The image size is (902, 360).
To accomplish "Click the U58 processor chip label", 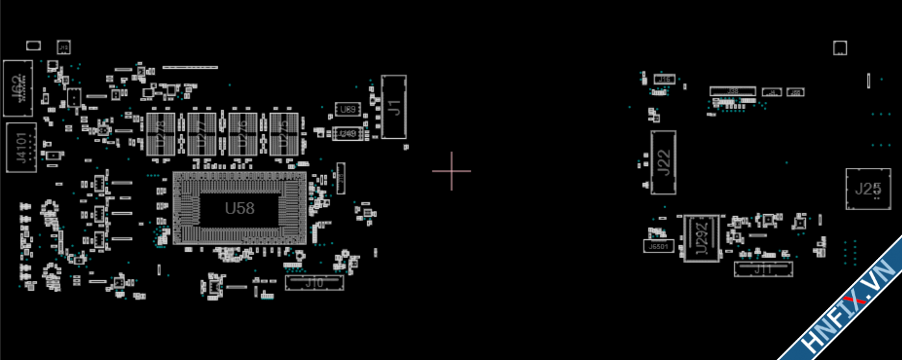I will coord(239,208).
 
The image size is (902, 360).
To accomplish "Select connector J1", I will coord(394,106).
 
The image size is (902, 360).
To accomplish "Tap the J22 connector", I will coord(663,162).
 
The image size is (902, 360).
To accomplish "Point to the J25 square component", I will coord(868,189).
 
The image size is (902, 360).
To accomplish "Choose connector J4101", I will coord(21,148).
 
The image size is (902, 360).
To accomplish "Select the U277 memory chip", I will coord(201,134).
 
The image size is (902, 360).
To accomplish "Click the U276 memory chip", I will coord(243,134).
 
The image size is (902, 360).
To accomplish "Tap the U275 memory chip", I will coord(284,134).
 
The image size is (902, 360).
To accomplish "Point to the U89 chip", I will coord(347,110).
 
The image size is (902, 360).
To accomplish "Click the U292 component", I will coord(701,238).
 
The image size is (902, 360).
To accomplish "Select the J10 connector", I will coord(315,282).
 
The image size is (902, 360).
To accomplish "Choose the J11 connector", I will coord(763,269).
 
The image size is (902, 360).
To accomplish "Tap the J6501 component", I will coord(658,246).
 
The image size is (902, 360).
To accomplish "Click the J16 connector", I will coord(664,79).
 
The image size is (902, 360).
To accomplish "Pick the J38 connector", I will coord(733,91).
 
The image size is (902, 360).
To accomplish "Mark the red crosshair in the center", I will coord(452,171).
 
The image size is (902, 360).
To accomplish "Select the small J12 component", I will coord(64,47).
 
